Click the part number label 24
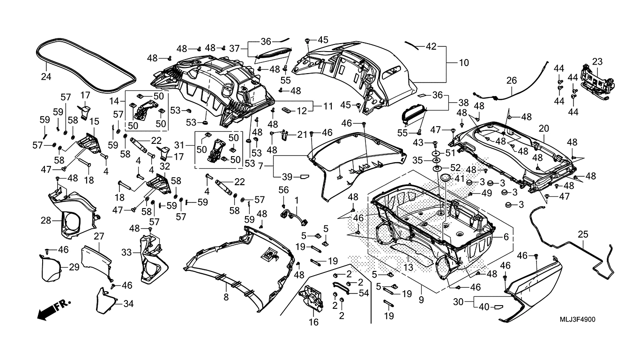[45, 77]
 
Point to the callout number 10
[463, 63]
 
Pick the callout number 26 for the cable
[511, 81]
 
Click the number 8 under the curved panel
[226, 297]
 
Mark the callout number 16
[313, 322]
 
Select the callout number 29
[74, 267]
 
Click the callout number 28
[45, 220]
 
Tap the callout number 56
[283, 190]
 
